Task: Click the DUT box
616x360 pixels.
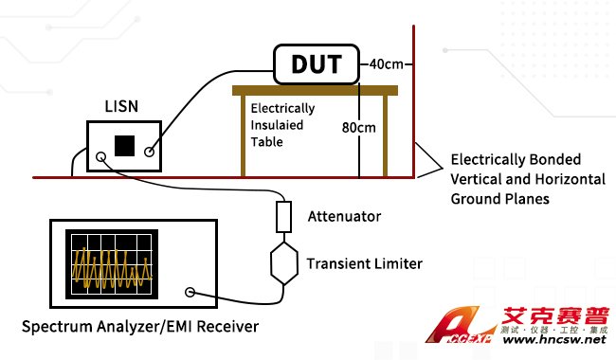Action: pos(317,64)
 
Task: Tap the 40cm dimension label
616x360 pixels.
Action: pos(386,64)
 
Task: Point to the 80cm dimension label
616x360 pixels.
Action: pos(358,128)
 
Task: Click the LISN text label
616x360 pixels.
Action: pos(121,106)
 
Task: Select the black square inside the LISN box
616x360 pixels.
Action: pos(124,146)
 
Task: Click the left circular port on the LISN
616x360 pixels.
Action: pos(101,157)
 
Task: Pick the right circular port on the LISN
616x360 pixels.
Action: pos(150,152)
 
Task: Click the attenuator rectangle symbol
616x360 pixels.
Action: pos(283,217)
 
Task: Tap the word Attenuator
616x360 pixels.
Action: pos(344,216)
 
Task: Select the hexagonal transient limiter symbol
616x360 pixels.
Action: pos(283,263)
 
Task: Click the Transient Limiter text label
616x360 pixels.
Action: pos(365,263)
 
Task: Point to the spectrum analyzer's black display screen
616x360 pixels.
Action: pos(112,264)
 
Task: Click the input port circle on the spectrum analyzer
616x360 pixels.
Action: pos(190,292)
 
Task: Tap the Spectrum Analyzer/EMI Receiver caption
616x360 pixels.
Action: pos(140,327)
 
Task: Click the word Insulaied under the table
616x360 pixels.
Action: pos(277,125)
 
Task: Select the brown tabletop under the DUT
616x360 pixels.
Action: pos(315,91)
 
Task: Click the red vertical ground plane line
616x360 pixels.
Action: pos(414,101)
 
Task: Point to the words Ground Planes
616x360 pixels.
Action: pos(499,199)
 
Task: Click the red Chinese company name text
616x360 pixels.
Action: pos(555,316)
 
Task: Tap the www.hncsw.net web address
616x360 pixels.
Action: pos(554,339)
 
